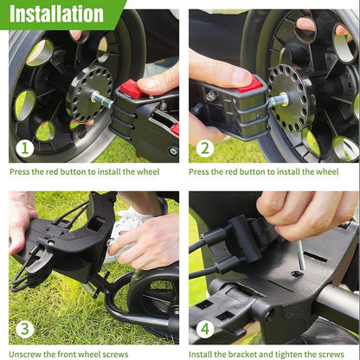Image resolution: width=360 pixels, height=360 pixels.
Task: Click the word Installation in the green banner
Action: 56,14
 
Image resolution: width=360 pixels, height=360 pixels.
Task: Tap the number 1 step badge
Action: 25,149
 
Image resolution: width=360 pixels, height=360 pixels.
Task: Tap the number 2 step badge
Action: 205,149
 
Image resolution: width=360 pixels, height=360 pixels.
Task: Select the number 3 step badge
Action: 25,329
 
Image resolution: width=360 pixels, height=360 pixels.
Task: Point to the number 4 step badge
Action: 205,329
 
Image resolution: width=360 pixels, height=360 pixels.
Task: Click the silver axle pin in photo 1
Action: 102,99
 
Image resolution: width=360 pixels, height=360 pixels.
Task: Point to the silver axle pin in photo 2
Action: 278,100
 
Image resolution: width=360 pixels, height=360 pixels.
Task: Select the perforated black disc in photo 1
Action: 89,93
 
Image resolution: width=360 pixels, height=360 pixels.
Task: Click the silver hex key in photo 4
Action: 300,255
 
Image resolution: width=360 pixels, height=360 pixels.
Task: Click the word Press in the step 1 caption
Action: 20,171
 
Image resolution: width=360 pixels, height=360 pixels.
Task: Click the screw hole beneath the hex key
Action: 296,273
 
